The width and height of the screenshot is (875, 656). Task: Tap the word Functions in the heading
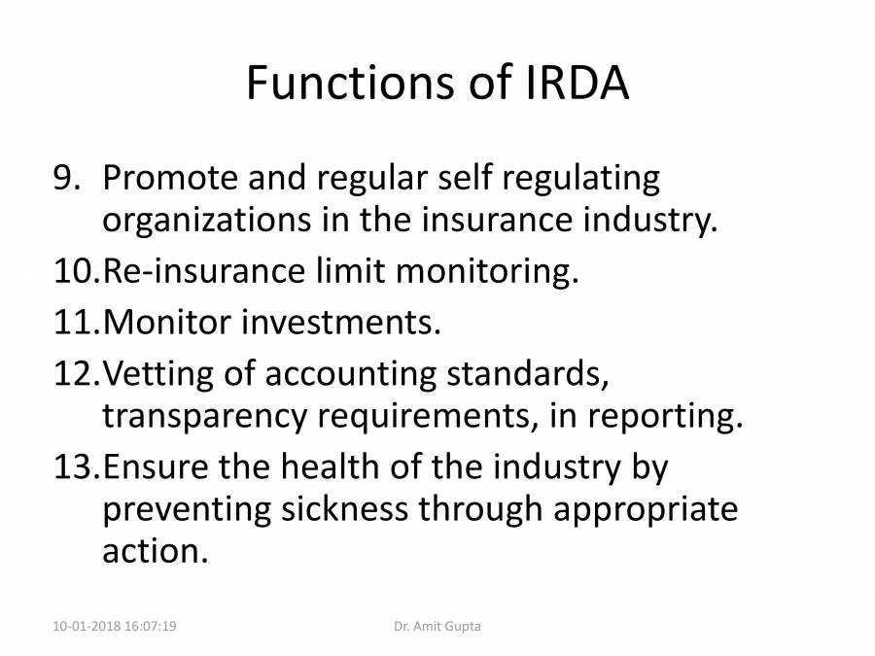click(346, 85)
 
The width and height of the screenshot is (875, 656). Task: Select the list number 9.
click(70, 179)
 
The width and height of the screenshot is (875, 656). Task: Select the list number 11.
click(75, 322)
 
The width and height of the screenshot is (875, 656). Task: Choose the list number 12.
click(75, 372)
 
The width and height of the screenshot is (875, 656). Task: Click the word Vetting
click(157, 374)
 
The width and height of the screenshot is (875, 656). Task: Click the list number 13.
click(75, 467)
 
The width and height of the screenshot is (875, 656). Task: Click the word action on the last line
click(154, 551)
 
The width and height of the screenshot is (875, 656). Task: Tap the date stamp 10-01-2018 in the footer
click(87, 627)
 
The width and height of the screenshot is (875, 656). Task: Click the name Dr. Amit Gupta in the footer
click(437, 627)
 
